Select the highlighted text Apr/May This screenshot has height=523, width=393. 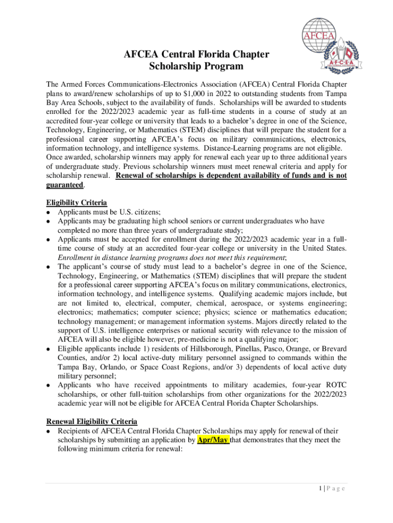point(213,440)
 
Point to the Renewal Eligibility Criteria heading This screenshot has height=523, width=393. point(92,421)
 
